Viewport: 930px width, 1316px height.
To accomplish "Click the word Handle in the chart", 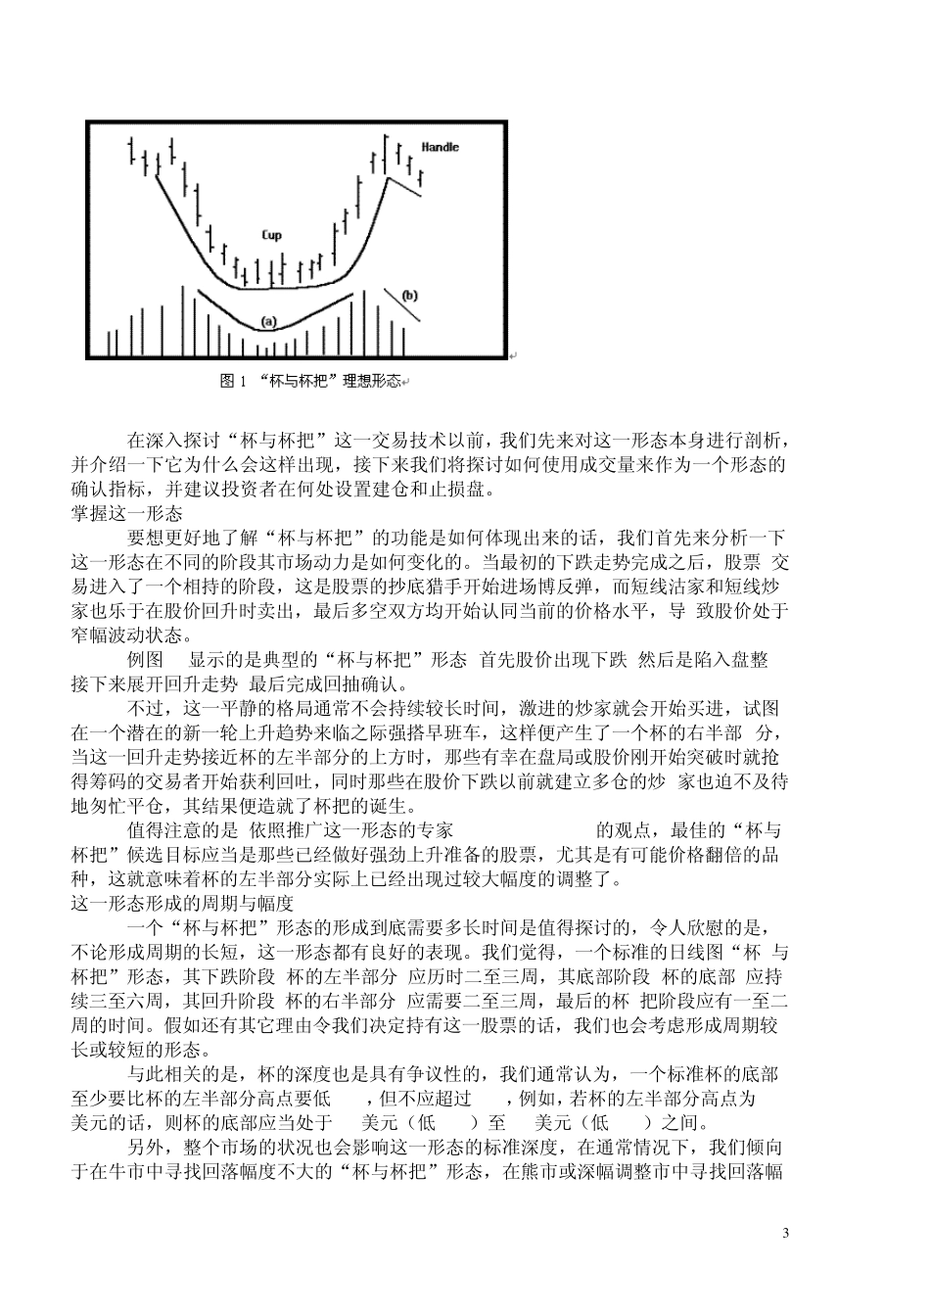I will [440, 147].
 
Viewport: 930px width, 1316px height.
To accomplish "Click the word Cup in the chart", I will [272, 235].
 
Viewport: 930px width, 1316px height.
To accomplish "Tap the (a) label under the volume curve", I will [268, 320].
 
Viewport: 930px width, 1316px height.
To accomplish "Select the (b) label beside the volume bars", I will [409, 295].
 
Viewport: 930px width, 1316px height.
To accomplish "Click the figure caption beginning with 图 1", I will [309, 381].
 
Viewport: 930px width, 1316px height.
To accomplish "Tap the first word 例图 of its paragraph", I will [146, 660].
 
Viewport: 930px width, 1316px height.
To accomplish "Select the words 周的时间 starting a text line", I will [108, 1025].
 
